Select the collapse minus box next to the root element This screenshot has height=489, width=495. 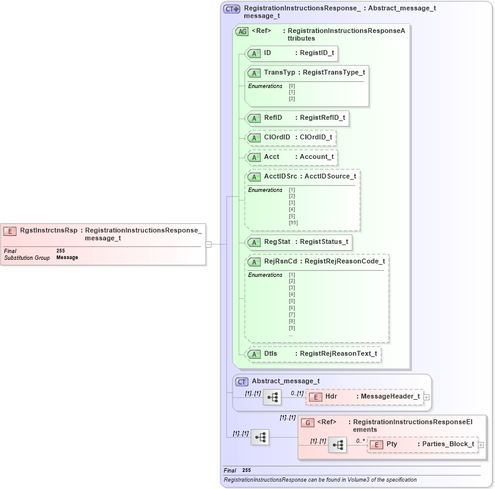click(x=209, y=244)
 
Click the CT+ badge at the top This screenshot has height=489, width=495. click(x=231, y=9)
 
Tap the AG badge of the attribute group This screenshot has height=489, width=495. click(x=242, y=32)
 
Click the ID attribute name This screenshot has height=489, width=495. click(x=267, y=53)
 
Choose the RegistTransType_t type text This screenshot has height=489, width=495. click(x=331, y=73)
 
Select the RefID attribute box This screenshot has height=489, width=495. click(x=297, y=117)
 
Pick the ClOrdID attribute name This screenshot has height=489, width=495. click(x=276, y=138)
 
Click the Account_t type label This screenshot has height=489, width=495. click(x=316, y=157)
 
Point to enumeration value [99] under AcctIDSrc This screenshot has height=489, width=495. click(x=293, y=222)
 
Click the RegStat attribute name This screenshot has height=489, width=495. click(x=276, y=242)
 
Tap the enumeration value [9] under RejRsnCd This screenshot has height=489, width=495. click(x=292, y=328)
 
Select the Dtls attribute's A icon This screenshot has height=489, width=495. click(x=255, y=354)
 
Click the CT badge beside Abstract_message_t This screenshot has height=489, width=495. click(x=242, y=381)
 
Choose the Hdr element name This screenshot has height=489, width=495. click(x=331, y=397)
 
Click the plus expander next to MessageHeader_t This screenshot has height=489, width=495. click(x=426, y=397)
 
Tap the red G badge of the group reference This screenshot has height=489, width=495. click(x=307, y=422)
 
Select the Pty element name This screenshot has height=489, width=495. click(x=392, y=444)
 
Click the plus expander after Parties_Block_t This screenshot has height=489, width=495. click(x=480, y=445)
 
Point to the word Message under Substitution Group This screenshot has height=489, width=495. click(x=67, y=258)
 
